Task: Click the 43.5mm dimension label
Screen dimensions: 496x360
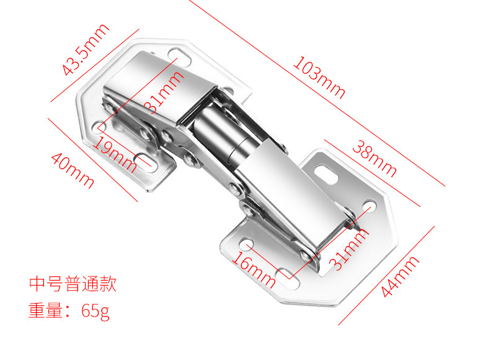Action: [x=86, y=49]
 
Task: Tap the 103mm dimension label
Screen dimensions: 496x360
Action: [x=319, y=77]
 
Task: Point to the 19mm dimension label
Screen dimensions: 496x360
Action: [x=115, y=154]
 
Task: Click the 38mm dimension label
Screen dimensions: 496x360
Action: [x=374, y=157]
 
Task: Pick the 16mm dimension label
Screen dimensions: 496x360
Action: [x=254, y=268]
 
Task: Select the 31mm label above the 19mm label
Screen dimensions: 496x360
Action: [x=164, y=92]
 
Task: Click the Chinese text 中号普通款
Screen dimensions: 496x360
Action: [x=73, y=285]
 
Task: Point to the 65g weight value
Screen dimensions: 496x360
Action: [x=95, y=310]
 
